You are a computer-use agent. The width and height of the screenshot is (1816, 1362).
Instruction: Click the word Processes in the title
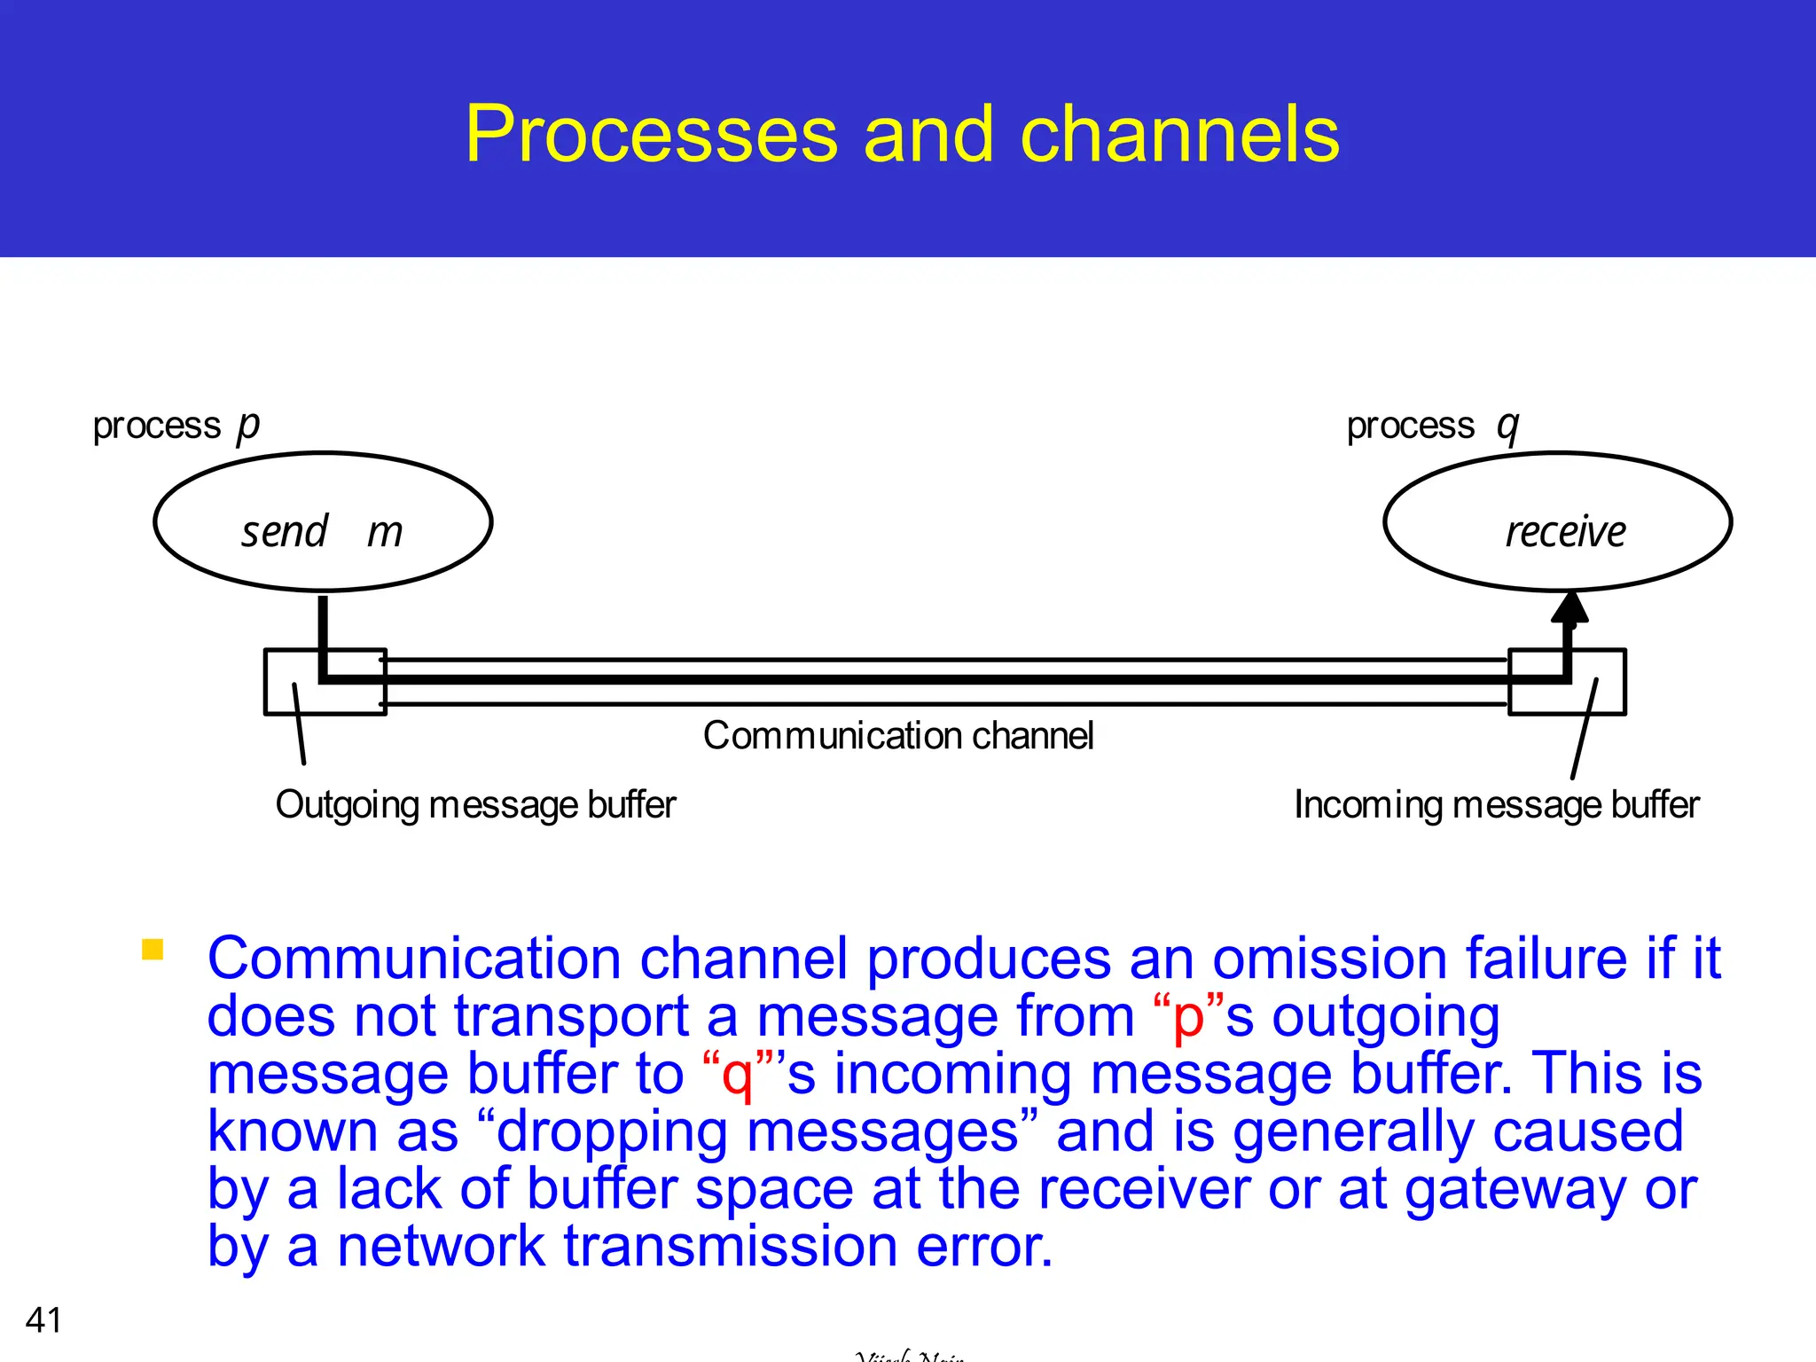tap(651, 135)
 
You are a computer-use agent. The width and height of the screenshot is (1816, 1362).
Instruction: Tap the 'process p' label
tap(176, 427)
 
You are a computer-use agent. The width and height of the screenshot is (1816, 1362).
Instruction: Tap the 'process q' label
tap(1432, 427)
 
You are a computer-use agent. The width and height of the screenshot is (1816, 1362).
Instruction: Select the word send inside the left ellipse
tap(285, 532)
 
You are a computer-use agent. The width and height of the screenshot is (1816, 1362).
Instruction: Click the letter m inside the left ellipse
tap(385, 533)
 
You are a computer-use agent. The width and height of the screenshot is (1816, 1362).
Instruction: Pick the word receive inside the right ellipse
tap(1565, 532)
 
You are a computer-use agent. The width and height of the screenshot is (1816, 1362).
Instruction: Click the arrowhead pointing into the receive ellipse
tap(1569, 608)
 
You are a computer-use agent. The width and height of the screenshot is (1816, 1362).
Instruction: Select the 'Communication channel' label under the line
tap(898, 736)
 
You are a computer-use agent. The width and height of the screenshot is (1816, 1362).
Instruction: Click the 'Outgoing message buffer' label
tap(475, 805)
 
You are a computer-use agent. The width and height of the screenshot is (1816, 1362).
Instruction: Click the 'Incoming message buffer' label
tap(1496, 805)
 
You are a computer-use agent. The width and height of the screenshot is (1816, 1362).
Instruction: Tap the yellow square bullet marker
tap(153, 951)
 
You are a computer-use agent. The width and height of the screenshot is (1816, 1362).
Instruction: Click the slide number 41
tap(43, 1320)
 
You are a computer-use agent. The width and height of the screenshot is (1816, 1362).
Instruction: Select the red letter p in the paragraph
tap(1187, 1018)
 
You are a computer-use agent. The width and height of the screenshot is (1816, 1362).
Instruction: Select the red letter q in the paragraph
tap(737, 1076)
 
